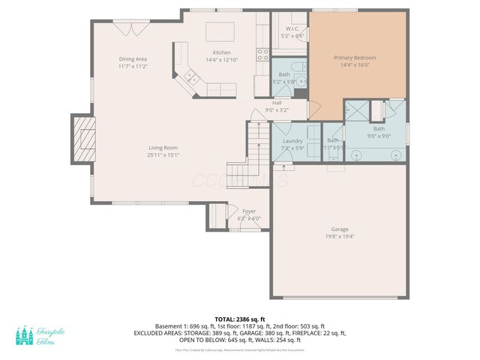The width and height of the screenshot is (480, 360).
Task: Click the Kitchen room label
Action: point(221,52)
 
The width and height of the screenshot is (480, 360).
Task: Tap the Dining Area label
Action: point(133,58)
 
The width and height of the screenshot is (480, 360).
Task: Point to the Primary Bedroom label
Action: point(355,57)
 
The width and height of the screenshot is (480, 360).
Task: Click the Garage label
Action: point(340,229)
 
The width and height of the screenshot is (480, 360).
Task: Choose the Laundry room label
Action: point(292,141)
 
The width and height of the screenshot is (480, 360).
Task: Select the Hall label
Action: point(277,103)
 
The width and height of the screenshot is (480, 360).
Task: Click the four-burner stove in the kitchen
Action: point(263,53)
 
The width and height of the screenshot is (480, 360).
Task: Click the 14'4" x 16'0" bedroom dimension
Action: point(355,65)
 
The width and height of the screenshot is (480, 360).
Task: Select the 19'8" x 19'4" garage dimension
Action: point(340,237)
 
